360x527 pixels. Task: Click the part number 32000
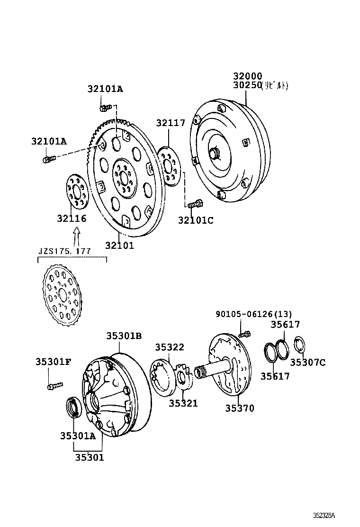click(247, 76)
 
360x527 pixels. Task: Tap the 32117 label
click(171, 123)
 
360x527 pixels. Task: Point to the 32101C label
click(196, 220)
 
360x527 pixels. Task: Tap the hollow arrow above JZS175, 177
click(77, 236)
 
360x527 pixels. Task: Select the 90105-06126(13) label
click(253, 314)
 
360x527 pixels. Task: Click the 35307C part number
click(307, 363)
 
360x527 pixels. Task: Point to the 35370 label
click(239, 408)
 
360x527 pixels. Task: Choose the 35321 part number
click(183, 403)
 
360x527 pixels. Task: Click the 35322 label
click(169, 347)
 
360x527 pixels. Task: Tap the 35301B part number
click(124, 336)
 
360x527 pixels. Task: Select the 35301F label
click(53, 362)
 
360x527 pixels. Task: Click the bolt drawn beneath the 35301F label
click(52, 386)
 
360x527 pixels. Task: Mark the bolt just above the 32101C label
click(194, 204)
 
